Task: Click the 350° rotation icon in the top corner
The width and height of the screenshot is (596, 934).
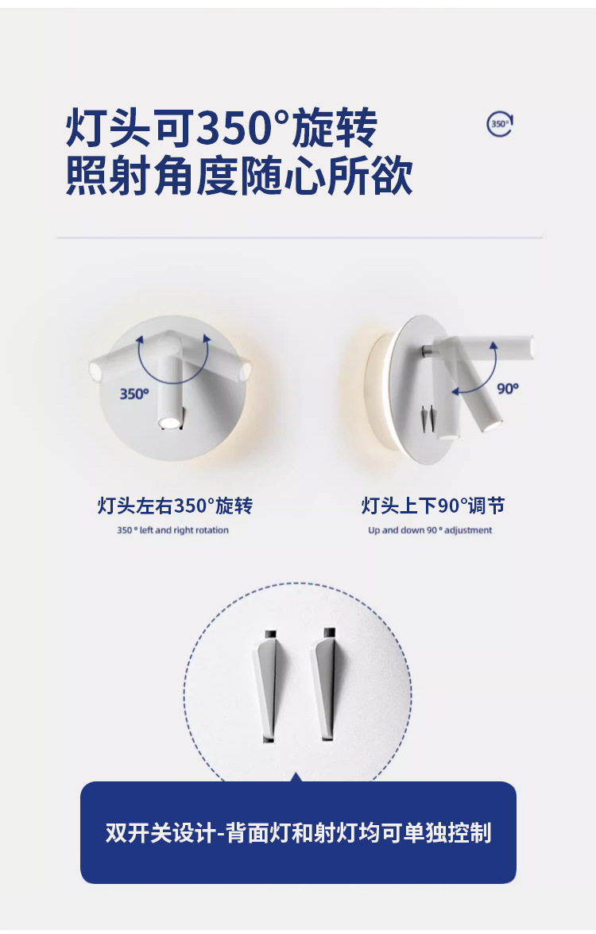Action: [500, 124]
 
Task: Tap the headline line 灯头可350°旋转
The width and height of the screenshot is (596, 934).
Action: [221, 127]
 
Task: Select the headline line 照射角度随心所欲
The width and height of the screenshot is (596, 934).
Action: [238, 176]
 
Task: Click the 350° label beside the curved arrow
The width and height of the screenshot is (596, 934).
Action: [134, 393]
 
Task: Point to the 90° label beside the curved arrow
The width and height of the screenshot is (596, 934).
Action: [508, 389]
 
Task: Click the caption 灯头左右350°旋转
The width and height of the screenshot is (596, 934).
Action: [175, 506]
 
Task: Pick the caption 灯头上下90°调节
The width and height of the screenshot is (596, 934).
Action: [433, 506]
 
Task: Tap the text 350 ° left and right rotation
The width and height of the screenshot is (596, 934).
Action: [172, 530]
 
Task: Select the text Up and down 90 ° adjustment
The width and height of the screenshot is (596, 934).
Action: [430, 530]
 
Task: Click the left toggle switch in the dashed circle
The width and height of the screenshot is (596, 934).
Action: [266, 684]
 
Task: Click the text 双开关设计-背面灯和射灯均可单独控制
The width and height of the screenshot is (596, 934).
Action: [298, 832]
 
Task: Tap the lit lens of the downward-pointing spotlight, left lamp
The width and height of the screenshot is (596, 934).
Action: [168, 423]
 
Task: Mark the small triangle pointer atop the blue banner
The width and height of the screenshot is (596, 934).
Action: [296, 777]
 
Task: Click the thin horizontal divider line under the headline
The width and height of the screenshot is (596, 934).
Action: [300, 238]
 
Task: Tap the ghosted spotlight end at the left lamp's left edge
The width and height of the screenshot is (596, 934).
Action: [95, 372]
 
